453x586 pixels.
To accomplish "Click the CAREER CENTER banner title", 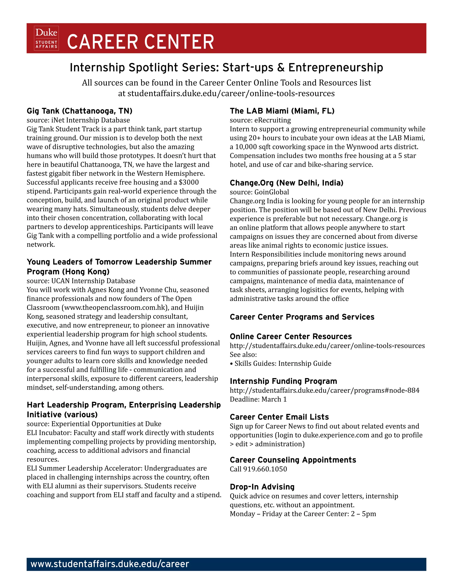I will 140,42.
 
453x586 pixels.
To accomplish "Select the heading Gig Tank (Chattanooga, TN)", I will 79,111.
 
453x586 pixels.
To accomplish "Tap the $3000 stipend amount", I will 189,182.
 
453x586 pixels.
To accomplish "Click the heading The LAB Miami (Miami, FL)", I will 282,111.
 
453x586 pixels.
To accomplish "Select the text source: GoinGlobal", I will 259,192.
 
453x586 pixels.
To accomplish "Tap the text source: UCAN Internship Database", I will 81,281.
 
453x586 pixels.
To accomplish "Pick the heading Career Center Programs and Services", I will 302,317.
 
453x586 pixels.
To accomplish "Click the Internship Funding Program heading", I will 283,381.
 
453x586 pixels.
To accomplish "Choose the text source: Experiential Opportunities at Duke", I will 94,424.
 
